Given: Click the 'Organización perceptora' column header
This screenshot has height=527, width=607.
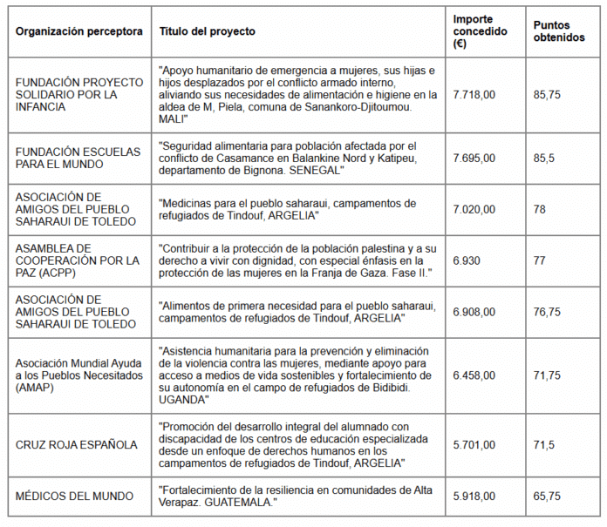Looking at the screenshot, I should tap(78, 31).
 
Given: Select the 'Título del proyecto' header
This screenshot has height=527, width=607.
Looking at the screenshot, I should tap(208, 31).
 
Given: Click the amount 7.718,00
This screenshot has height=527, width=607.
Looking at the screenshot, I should tap(474, 94).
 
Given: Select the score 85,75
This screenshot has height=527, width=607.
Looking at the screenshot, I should tap(547, 94).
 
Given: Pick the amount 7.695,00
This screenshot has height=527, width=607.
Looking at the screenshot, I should tap(474, 158).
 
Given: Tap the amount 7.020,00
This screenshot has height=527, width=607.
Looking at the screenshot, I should tap(474, 209).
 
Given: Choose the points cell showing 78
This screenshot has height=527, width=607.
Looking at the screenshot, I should tap(539, 209).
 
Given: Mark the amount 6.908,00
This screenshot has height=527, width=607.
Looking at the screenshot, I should tap(474, 311).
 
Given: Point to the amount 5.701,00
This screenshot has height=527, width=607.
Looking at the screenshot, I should tap(474, 444).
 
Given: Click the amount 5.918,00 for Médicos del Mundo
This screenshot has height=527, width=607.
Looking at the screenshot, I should tap(474, 496).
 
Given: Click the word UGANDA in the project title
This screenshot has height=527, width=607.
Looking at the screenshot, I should tap(184, 399).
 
